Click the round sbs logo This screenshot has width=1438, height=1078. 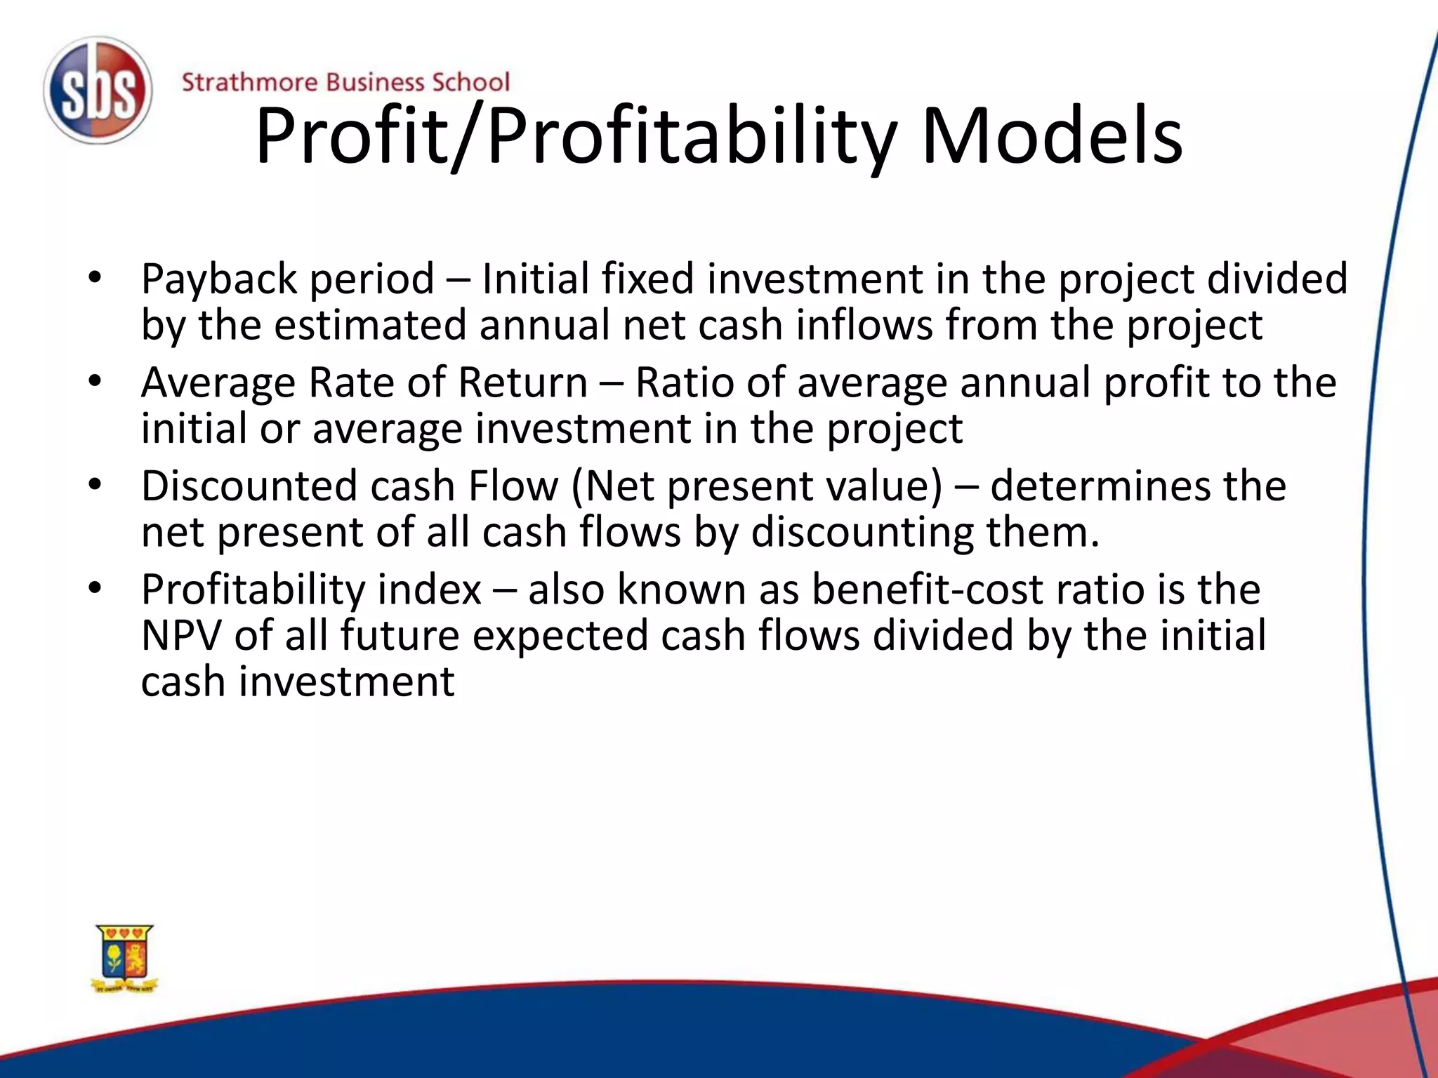[x=97, y=91]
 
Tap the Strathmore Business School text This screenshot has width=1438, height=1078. [x=345, y=82]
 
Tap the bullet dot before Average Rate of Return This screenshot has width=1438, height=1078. [x=95, y=381]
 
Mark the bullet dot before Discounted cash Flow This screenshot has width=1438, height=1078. [x=95, y=484]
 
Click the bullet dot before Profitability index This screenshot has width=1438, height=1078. [x=95, y=587]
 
